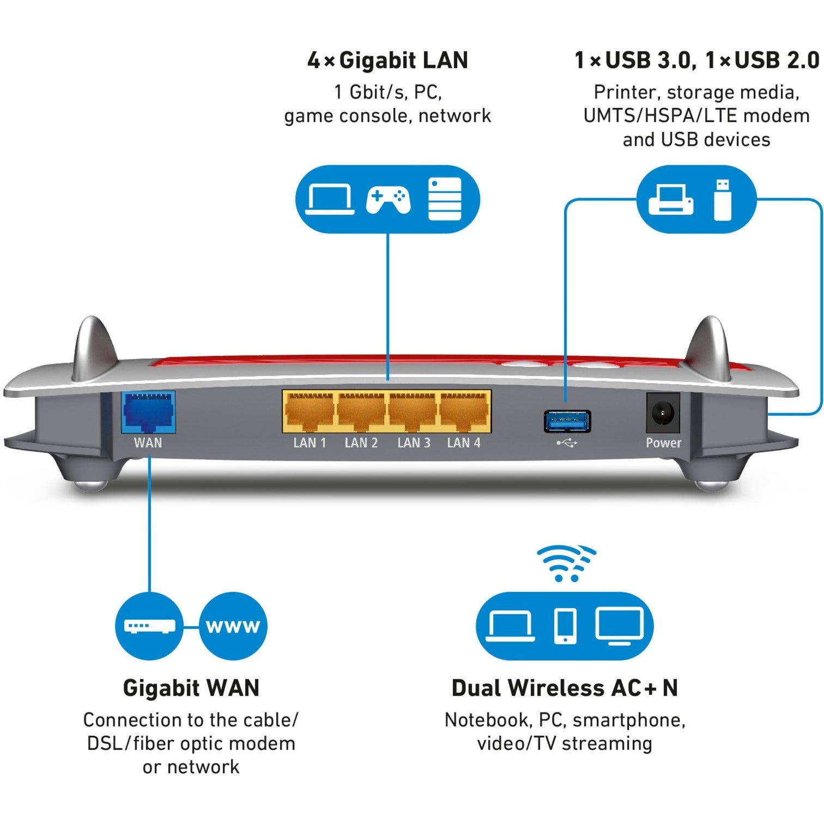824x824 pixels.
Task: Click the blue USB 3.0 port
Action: coord(567,420)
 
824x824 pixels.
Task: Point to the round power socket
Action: coord(663,414)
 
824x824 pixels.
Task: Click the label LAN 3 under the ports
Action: coord(414,443)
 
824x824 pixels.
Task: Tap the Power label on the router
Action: coord(663,443)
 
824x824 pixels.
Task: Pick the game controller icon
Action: coord(388,201)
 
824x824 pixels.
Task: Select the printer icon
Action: coord(670,199)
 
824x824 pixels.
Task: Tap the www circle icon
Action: coord(233,626)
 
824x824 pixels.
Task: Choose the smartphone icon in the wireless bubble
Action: coord(565,626)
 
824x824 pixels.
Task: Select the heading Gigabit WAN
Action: coord(191,688)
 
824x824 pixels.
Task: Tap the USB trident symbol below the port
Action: coord(566,443)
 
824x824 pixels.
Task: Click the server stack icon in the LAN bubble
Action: coord(445,199)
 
